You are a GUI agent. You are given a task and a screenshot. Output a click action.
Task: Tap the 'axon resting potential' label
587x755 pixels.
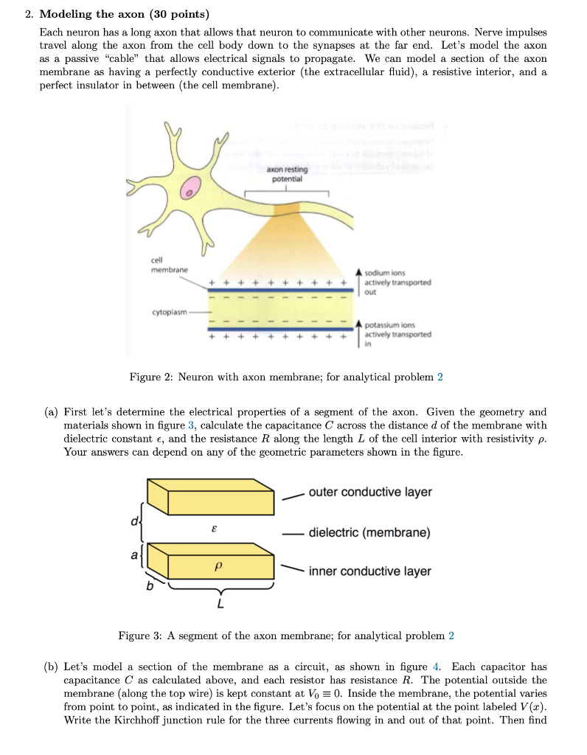pos(287,175)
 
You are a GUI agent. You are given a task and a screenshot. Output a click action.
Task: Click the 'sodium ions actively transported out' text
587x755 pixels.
pos(397,282)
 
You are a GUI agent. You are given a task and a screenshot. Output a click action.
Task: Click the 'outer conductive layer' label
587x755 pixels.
pos(370,492)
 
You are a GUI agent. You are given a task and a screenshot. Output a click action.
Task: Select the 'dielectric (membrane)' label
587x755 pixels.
pos(369,532)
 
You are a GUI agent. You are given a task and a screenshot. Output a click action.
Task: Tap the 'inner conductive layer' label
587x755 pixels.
pos(370,571)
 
